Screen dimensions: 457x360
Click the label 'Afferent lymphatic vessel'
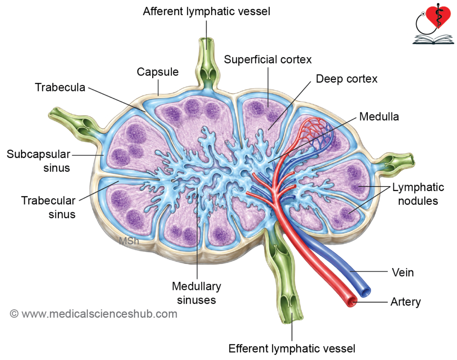206,12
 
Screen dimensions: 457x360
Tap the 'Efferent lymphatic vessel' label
292,348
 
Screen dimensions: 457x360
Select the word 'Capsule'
158,72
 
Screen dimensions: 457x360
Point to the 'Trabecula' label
60,87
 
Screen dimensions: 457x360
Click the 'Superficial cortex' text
268,59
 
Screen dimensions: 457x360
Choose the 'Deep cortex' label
346,79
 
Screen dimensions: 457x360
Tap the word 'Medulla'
379,116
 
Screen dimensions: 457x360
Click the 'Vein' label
403,272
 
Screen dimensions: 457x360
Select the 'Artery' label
406,302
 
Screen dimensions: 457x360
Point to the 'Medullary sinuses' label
196,293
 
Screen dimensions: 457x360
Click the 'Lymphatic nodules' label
418,194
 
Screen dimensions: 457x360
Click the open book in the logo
433,39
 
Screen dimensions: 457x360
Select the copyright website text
94,314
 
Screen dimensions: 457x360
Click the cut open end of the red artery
352,302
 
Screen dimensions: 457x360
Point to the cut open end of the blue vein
365,291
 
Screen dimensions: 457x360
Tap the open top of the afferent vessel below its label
207,44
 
